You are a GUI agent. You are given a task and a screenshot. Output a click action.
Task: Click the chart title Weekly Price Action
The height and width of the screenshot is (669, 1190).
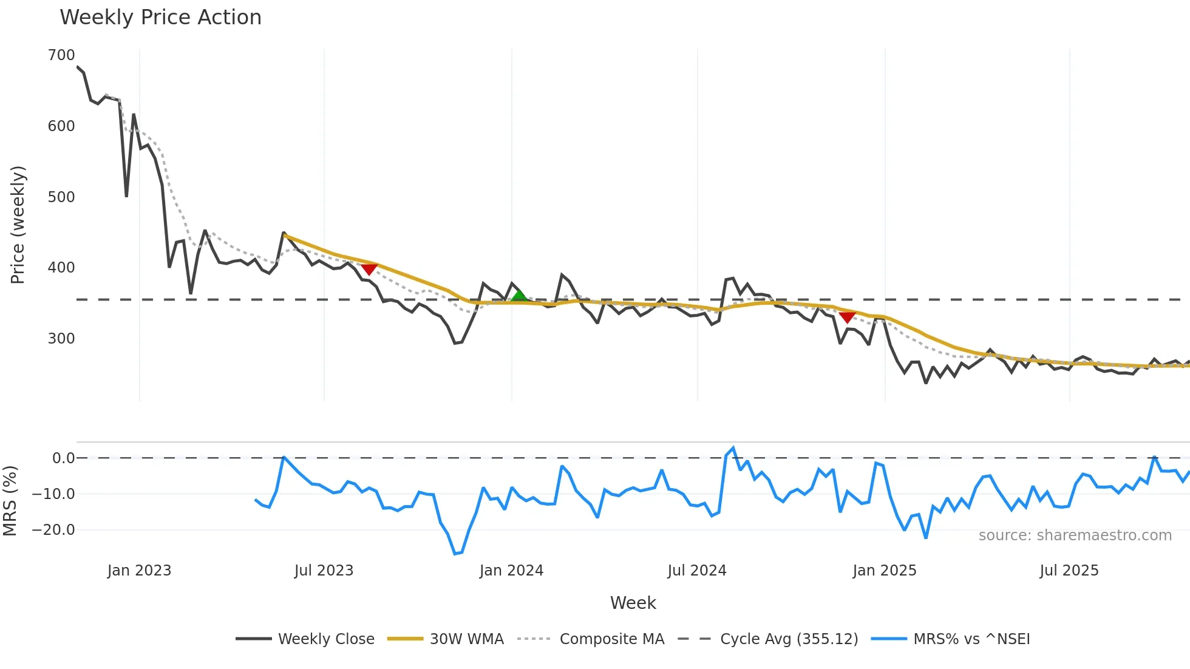(x=160, y=18)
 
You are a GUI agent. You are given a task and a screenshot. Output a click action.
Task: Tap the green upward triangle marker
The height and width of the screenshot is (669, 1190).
(x=519, y=296)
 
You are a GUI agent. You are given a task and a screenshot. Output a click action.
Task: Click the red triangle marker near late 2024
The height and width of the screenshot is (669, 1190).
(x=847, y=318)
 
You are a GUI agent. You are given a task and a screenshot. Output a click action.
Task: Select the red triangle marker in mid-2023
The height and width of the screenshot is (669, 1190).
(x=369, y=269)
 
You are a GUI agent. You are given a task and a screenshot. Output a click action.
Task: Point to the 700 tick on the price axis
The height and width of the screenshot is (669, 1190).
(x=61, y=55)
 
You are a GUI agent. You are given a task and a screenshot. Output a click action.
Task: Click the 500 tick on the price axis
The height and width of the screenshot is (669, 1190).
(x=61, y=197)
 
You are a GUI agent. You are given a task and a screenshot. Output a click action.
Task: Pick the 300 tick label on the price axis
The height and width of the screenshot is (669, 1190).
(x=61, y=339)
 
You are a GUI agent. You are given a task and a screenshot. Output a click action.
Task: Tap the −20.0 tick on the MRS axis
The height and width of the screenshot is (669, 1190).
(x=53, y=530)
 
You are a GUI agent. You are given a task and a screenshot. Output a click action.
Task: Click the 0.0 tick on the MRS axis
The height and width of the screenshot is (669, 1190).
(x=63, y=458)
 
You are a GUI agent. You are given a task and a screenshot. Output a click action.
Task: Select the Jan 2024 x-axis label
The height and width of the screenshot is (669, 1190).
(x=511, y=571)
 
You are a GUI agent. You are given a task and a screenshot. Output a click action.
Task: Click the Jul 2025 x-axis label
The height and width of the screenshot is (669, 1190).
(x=1069, y=571)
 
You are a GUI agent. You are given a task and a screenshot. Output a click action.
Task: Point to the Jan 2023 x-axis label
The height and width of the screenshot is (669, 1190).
(x=139, y=571)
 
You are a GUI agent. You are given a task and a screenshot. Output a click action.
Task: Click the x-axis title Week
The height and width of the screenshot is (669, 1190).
(x=633, y=603)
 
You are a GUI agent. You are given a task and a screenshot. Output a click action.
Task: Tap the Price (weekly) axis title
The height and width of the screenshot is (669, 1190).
(x=18, y=225)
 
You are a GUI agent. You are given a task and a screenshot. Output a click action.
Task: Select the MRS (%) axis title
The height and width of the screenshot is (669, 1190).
(x=10, y=501)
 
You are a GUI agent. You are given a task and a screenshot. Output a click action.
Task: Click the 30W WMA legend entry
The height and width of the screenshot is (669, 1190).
(x=466, y=639)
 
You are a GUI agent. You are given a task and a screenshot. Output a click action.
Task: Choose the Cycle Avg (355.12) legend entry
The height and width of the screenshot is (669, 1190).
(x=789, y=639)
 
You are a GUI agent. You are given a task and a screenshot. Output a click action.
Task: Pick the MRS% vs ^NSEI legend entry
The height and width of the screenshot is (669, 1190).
(x=971, y=639)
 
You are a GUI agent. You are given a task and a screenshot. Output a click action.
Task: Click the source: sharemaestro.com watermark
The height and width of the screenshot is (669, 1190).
(x=1075, y=535)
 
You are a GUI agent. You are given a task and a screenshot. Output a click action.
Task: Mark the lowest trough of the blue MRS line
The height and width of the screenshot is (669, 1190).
(x=455, y=554)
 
